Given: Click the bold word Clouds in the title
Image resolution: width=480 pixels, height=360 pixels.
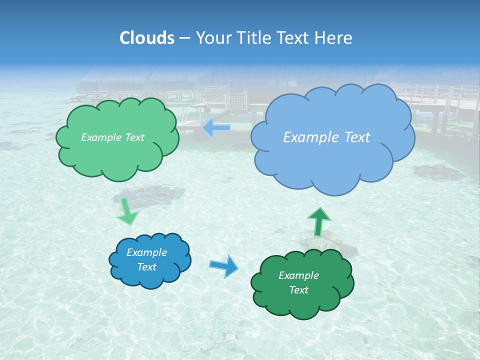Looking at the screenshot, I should pyautogui.click(x=147, y=38).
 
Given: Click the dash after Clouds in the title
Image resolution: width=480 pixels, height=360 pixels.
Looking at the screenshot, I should pyautogui.click(x=184, y=38).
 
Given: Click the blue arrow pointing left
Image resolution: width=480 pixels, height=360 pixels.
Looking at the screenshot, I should pyautogui.click(x=216, y=128).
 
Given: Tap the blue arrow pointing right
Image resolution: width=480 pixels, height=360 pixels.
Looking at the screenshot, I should pyautogui.click(x=224, y=265).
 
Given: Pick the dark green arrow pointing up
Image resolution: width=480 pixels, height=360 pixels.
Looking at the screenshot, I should pyautogui.click(x=318, y=221).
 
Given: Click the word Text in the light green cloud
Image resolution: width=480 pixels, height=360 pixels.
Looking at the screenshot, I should pyautogui.click(x=134, y=137).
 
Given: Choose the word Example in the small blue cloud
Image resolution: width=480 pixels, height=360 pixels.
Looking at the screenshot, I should pyautogui.click(x=146, y=252).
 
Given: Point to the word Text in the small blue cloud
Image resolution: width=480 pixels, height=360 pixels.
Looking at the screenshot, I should pyautogui.click(x=146, y=267).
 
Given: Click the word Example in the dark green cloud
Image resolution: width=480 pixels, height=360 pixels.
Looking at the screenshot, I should pyautogui.click(x=298, y=275).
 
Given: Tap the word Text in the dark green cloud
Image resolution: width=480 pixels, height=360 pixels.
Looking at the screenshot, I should pyautogui.click(x=298, y=290).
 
